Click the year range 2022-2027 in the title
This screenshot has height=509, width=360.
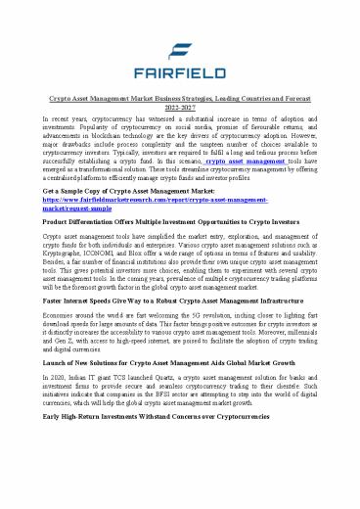coord(180,106)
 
